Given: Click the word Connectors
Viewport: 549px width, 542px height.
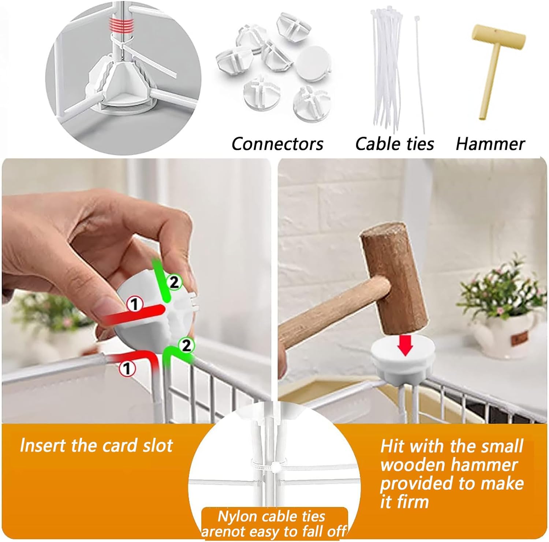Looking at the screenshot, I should tap(277, 144).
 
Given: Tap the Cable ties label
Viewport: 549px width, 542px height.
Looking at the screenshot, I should tap(395, 144).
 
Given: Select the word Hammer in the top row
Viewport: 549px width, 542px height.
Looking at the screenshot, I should tap(490, 144).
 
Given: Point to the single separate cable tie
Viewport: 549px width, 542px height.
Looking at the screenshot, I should tap(420, 73).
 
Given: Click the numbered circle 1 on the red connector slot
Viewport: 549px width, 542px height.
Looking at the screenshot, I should tap(134, 304).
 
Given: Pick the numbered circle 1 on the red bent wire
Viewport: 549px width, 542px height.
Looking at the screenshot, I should tap(127, 368).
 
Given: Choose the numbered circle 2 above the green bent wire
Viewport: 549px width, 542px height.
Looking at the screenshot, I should tap(186, 345).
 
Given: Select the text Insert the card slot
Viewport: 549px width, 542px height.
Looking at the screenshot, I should tap(96, 446).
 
